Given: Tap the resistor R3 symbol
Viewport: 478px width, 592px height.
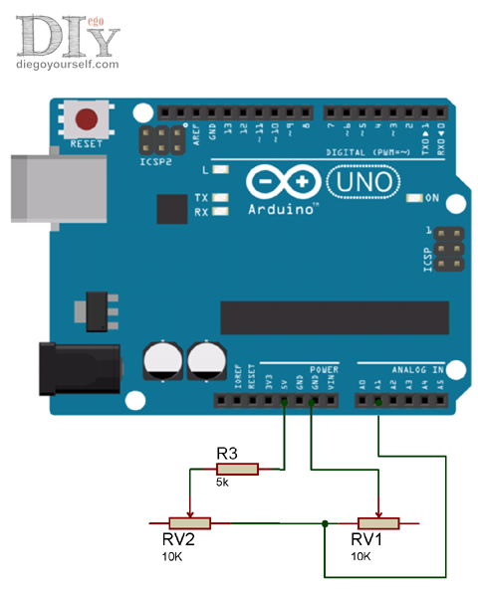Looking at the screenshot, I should point(238,469).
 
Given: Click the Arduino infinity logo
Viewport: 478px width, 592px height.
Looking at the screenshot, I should point(283,182).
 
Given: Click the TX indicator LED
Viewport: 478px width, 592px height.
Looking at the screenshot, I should point(218,198).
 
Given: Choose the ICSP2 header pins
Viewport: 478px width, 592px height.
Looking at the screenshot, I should point(157,139).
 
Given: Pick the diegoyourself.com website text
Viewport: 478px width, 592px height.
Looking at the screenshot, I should point(68,64).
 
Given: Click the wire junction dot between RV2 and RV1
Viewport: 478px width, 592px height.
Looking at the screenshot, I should point(326,523).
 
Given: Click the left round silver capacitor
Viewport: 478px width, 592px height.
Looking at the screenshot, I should point(161,363).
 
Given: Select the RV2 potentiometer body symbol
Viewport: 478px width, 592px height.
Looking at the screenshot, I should point(189,523).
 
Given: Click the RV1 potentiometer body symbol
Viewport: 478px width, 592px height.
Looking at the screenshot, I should point(378,523).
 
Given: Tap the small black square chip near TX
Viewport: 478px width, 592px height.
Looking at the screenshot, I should point(172,208).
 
